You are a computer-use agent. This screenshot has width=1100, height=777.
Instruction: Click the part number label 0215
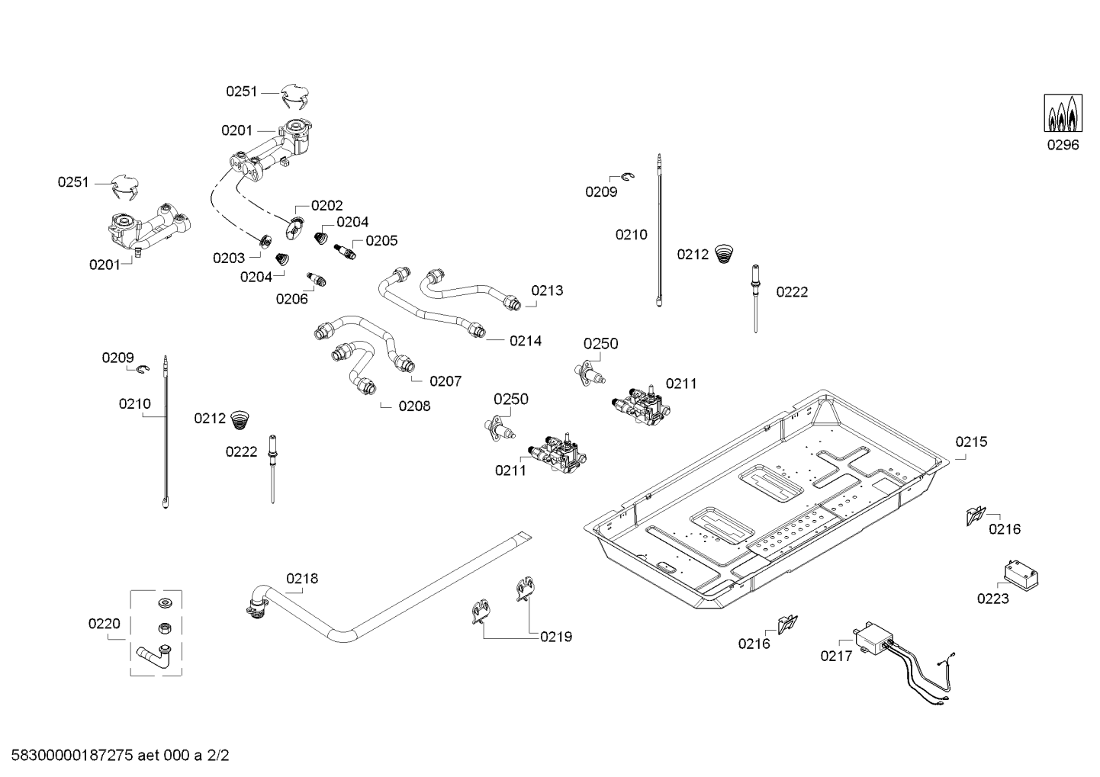[971, 441]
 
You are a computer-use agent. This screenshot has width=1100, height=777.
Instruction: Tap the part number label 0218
[302, 579]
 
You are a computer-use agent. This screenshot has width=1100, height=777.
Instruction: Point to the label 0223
[992, 599]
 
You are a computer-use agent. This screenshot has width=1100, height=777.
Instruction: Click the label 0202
[327, 206]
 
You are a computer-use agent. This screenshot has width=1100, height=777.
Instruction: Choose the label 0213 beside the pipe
[547, 291]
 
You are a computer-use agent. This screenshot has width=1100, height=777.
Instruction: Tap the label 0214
[526, 341]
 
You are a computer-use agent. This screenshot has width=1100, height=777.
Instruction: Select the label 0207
[445, 381]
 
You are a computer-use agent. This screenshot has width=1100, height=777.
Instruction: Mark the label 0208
[414, 406]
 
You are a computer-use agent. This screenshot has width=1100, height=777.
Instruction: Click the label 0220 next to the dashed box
[104, 624]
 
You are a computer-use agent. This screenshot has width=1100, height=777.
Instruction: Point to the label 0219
[556, 637]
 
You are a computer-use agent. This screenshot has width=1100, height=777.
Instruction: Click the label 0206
[291, 299]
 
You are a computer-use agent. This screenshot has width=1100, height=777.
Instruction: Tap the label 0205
[381, 241]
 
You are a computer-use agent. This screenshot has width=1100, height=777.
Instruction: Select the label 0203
[229, 258]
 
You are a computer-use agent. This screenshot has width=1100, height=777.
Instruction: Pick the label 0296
[1063, 145]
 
